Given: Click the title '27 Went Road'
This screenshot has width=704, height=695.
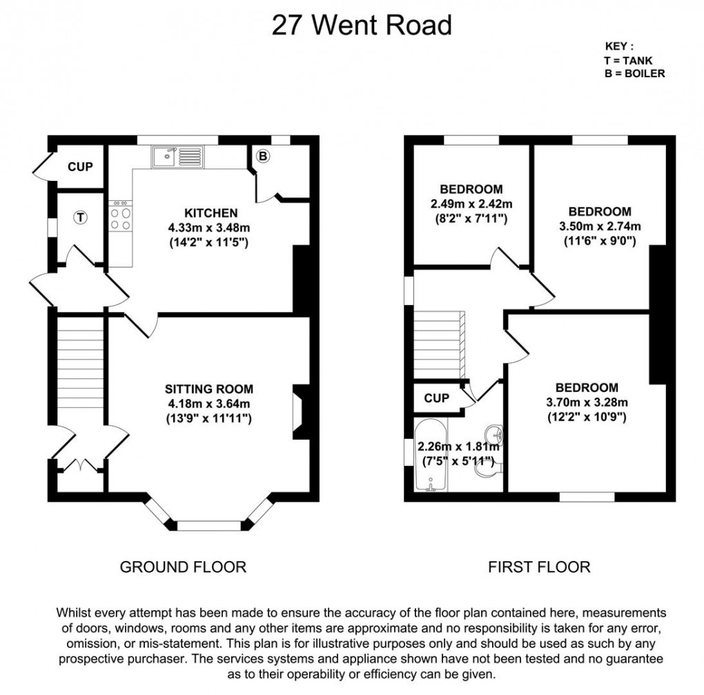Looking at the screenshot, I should click(x=362, y=25).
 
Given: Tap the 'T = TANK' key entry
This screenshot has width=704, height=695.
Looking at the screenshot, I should click(x=628, y=61).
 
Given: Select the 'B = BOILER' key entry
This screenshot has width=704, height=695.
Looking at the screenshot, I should click(x=634, y=73).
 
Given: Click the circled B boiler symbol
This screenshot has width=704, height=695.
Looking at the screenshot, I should click(x=262, y=157).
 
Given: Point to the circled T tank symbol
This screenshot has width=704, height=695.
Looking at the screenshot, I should click(x=81, y=217).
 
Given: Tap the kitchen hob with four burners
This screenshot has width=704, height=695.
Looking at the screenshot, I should click(x=121, y=217).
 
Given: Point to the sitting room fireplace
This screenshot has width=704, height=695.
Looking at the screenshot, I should click(x=301, y=411).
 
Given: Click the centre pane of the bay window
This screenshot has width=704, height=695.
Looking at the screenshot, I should click(x=208, y=525).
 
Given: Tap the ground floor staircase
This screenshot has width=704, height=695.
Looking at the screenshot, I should click(x=79, y=366).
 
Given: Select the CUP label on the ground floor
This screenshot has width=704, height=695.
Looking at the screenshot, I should click(x=80, y=167).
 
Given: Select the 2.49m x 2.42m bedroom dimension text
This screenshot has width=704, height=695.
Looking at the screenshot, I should click(x=471, y=204).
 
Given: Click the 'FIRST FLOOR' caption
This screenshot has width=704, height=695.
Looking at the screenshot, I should click(x=539, y=567).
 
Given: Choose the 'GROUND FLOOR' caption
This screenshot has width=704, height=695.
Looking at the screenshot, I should click(x=183, y=567).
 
